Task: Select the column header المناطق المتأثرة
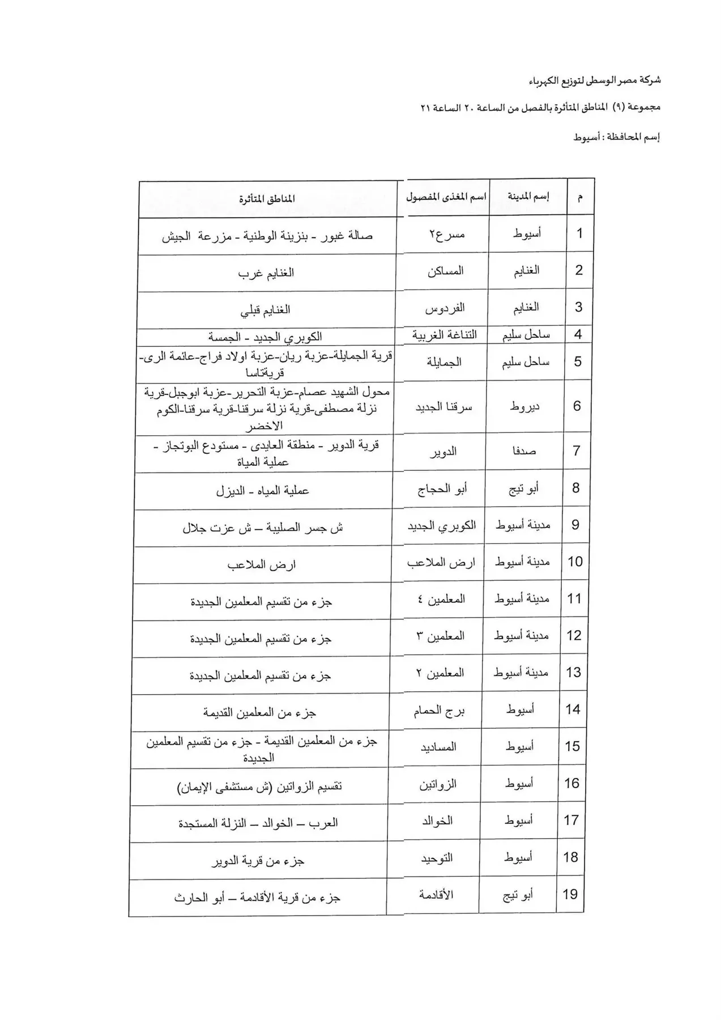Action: [x=267, y=199]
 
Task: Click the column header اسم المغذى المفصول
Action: [x=446, y=197]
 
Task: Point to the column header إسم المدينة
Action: [x=528, y=197]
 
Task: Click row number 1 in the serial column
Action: [x=579, y=233]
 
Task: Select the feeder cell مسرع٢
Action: [x=446, y=233]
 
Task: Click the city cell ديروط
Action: [x=524, y=406]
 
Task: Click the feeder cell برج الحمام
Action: [x=439, y=711]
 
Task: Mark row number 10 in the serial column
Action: [x=575, y=562]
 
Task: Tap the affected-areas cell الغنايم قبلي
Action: [x=266, y=310]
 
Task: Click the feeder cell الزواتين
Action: [x=438, y=784]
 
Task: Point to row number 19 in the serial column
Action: [x=570, y=894]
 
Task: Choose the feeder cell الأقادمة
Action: [x=436, y=895]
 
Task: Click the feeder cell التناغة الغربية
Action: [x=444, y=335]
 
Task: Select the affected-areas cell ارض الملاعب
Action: [x=262, y=564]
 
